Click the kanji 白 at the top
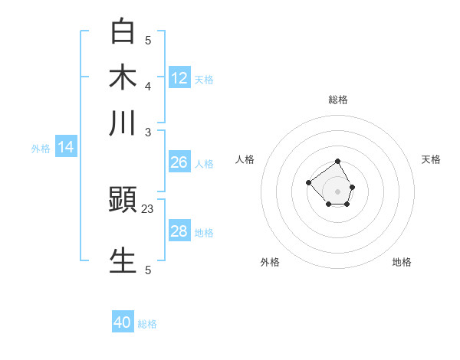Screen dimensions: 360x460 click(x=123, y=32)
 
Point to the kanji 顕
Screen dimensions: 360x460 click(x=123, y=201)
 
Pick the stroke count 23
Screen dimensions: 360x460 click(x=148, y=208)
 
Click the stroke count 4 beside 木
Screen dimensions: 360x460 click(x=148, y=85)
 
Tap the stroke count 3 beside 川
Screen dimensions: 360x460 click(x=148, y=131)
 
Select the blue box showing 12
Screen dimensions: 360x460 click(x=179, y=77)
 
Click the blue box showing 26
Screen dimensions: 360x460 click(x=179, y=162)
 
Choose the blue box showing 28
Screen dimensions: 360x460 click(x=179, y=231)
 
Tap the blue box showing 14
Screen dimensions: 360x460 click(x=65, y=147)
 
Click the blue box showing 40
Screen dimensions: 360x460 click(x=123, y=322)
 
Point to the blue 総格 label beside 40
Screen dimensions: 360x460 click(x=147, y=324)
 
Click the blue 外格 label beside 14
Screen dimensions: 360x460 click(x=41, y=149)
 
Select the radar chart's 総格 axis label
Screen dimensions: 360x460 click(x=338, y=100)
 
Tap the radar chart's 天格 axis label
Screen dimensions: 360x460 click(x=431, y=159)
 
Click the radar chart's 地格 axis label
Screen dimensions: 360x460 click(x=402, y=262)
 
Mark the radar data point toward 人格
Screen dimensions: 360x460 click(x=308, y=182)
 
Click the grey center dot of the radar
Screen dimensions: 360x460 click(x=338, y=191)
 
